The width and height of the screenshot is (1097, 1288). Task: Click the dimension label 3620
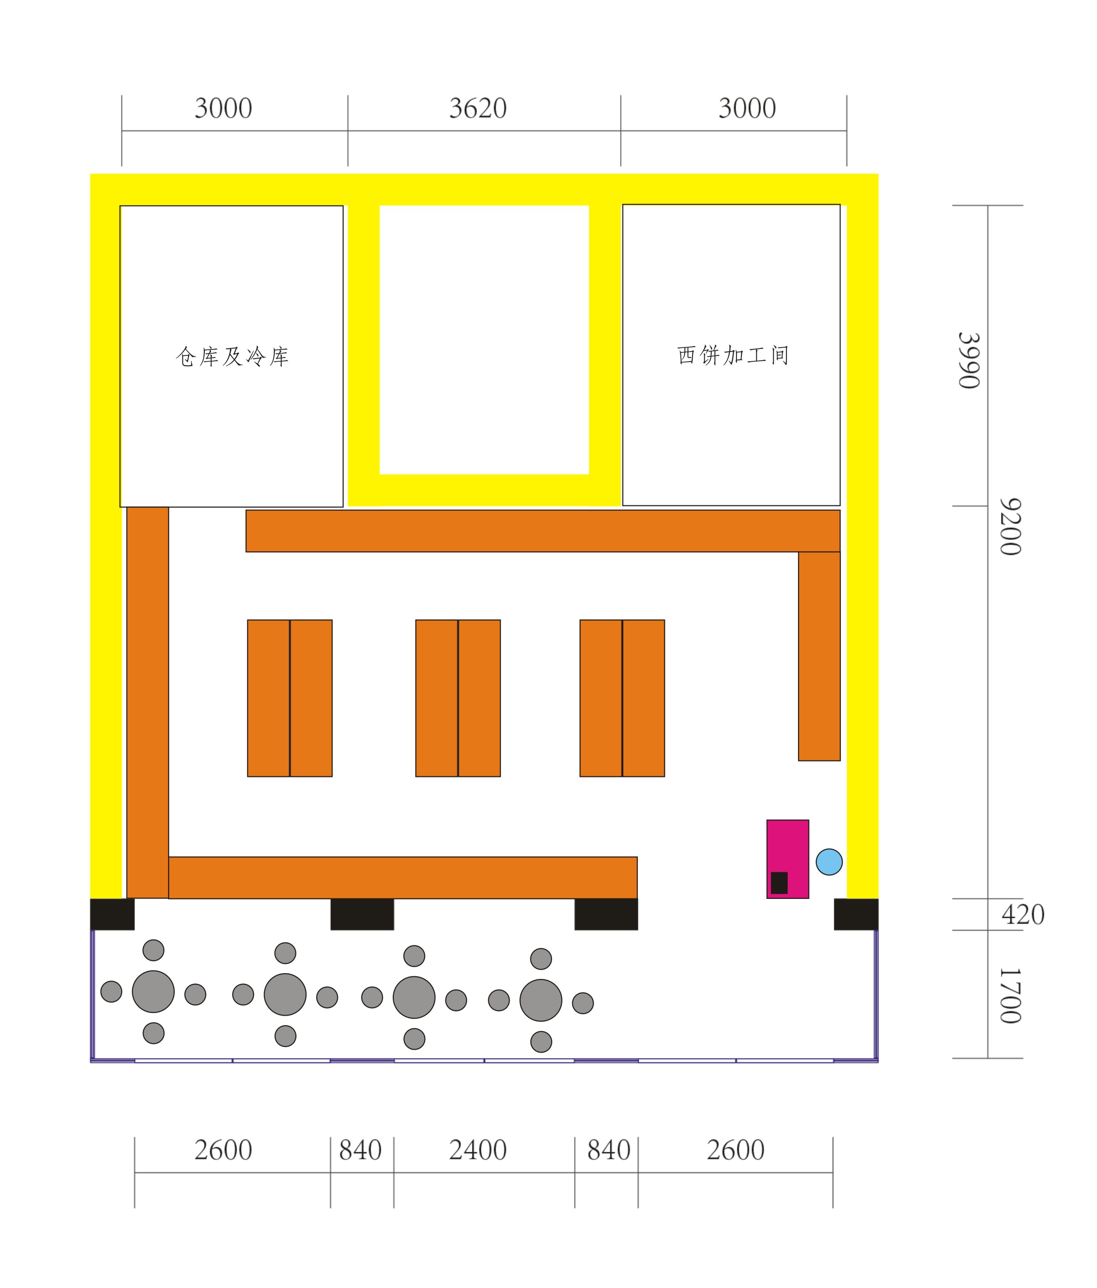[478, 109]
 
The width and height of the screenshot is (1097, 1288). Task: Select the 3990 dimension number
[969, 360]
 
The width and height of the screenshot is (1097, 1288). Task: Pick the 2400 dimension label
[478, 1150]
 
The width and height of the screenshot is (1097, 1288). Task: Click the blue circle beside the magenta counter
[829, 862]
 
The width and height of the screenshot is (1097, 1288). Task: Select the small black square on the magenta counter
[779, 883]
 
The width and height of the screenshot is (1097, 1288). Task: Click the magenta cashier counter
[787, 859]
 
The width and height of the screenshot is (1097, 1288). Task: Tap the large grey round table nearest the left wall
[153, 991]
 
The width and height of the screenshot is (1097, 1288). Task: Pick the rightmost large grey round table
[541, 1000]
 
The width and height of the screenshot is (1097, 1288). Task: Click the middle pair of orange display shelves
[458, 698]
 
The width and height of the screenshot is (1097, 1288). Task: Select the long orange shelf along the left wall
[147, 703]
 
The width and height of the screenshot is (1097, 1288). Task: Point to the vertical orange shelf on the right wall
[819, 656]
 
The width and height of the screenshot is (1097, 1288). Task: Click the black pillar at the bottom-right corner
[856, 914]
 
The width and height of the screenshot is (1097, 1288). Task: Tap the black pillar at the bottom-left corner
[112, 914]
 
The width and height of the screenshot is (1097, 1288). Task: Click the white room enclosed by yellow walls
[484, 340]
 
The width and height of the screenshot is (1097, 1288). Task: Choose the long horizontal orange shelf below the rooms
[543, 531]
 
